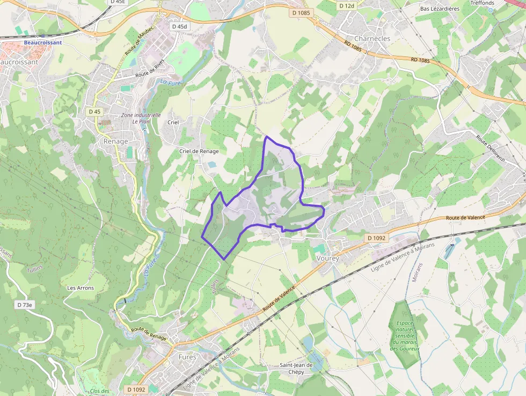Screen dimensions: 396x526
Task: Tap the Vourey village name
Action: point(327,258)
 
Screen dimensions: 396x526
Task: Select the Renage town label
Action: point(116,141)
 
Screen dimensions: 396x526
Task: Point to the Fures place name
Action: point(187,357)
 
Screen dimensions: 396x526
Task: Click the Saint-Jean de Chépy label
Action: point(296,369)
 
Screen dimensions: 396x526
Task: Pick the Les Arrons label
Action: point(81,288)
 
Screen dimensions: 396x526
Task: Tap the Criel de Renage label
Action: point(199,152)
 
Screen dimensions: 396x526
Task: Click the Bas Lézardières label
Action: point(440,9)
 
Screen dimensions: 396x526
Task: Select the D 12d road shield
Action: point(347,5)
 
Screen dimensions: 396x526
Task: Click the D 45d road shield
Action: point(179,26)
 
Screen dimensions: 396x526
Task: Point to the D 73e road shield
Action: point(25,305)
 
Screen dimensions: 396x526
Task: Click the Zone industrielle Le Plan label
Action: point(141,118)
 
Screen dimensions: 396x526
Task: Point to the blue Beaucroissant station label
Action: point(43,42)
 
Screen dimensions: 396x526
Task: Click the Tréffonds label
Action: point(482,3)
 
